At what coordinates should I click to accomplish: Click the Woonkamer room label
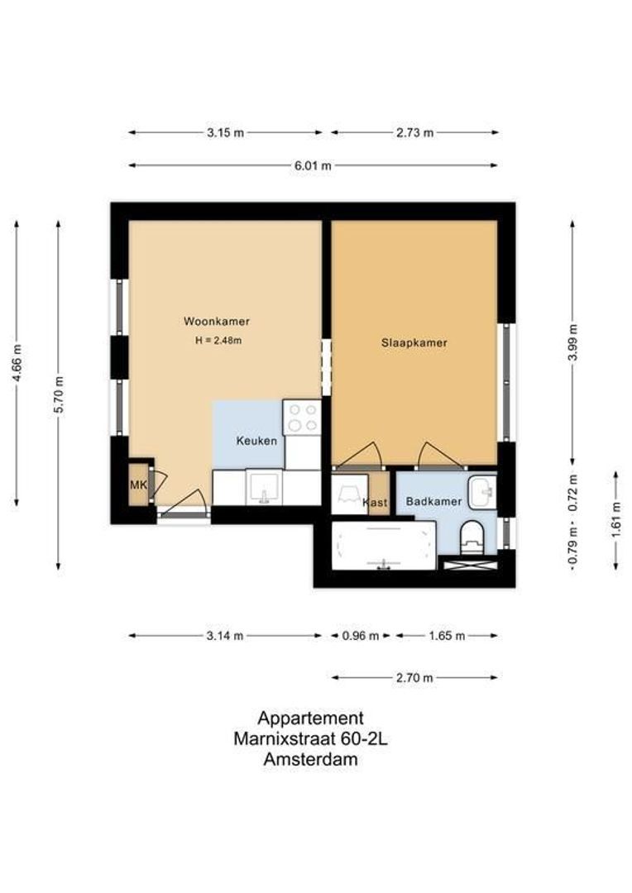(217, 321)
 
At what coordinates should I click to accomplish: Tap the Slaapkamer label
(414, 343)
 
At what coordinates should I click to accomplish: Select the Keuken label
(257, 440)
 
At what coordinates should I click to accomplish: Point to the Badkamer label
(433, 502)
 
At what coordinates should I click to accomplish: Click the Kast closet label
(375, 503)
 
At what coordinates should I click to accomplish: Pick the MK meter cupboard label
(138, 485)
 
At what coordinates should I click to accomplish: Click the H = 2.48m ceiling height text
(218, 341)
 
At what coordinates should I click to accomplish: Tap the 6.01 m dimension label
(313, 165)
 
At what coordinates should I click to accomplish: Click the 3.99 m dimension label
(573, 341)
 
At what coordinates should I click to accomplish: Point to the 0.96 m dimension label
(360, 636)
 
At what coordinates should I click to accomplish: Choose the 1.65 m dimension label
(447, 636)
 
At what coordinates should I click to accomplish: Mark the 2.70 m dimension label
(414, 678)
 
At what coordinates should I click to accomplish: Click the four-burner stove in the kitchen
(302, 418)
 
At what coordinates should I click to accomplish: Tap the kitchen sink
(264, 488)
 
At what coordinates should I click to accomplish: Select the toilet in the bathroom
(472, 537)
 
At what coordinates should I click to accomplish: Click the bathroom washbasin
(482, 491)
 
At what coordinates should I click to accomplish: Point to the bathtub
(384, 546)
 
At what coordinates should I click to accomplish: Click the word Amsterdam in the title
(310, 759)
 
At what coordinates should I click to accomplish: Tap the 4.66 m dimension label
(17, 363)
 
